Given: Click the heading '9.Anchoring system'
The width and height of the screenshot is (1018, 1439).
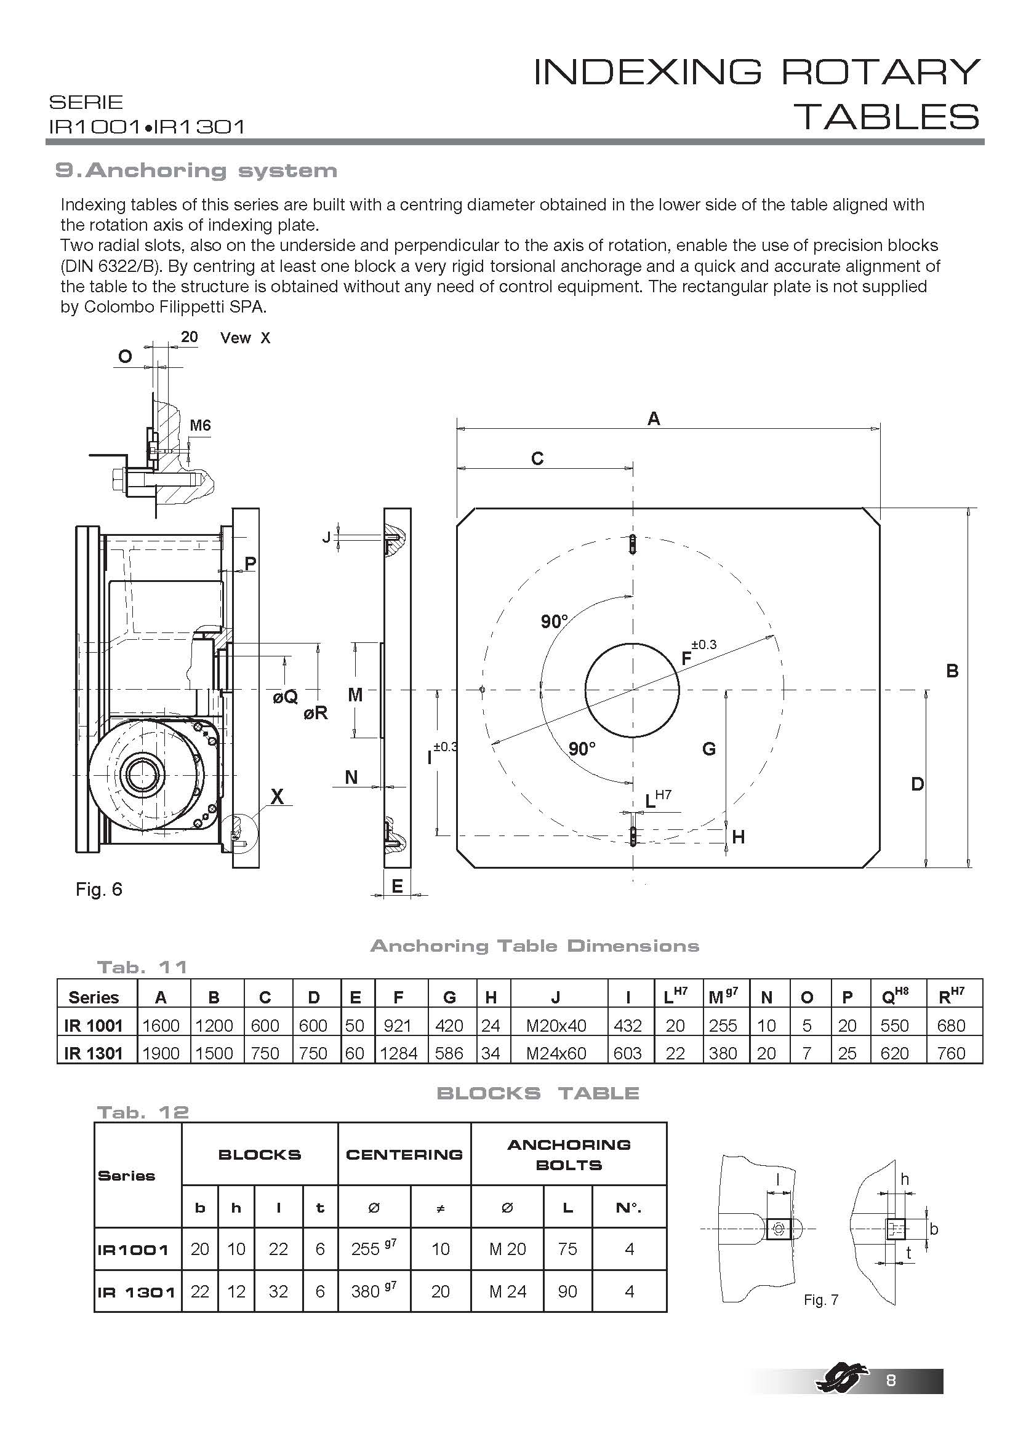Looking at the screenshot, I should (x=196, y=170).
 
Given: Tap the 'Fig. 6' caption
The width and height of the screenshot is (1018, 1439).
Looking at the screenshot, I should (x=99, y=890).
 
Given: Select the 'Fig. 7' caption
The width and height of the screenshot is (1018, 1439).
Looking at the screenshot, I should (x=820, y=1300).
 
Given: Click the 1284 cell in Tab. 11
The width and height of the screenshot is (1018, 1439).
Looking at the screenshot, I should (x=399, y=1053).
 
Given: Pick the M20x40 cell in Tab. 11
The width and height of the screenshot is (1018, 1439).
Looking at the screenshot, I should (x=556, y=1026).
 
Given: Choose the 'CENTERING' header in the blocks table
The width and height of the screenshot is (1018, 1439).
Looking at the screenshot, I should (x=404, y=1154).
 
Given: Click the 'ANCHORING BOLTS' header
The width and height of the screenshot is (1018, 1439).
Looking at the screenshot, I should (x=569, y=1154).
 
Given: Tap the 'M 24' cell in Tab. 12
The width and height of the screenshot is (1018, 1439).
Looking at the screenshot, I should (x=508, y=1292).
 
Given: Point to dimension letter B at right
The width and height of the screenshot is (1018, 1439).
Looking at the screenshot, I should (x=952, y=671).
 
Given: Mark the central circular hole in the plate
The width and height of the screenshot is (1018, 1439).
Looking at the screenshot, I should (x=633, y=690).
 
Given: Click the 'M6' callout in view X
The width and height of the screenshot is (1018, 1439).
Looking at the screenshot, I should (x=200, y=426).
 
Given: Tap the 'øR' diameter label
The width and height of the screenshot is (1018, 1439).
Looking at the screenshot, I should (x=315, y=713).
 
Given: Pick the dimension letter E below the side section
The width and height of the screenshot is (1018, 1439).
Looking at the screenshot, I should (x=397, y=886).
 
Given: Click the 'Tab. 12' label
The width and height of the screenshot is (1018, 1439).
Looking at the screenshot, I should (x=143, y=1112).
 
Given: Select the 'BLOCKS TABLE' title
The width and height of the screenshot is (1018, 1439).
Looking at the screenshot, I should (x=538, y=1094).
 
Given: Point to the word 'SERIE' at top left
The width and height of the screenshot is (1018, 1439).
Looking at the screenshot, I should (x=86, y=102).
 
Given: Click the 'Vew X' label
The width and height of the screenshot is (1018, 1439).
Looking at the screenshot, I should (x=245, y=338).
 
